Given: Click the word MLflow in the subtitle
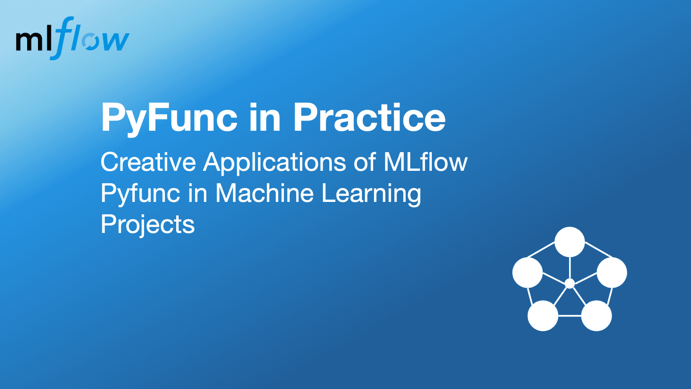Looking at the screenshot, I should click(425, 162).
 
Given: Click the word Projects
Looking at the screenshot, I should click(148, 225).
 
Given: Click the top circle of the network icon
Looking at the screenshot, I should click(570, 242).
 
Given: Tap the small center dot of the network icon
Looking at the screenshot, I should click(570, 283).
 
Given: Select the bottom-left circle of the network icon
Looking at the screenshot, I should click(543, 315).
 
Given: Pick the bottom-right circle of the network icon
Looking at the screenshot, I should click(596, 315).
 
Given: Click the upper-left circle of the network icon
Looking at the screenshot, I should click(528, 272).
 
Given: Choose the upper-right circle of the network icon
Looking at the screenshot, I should click(612, 272).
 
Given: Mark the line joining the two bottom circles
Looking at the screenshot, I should click(570, 316).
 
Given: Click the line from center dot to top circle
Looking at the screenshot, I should click(570, 267).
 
